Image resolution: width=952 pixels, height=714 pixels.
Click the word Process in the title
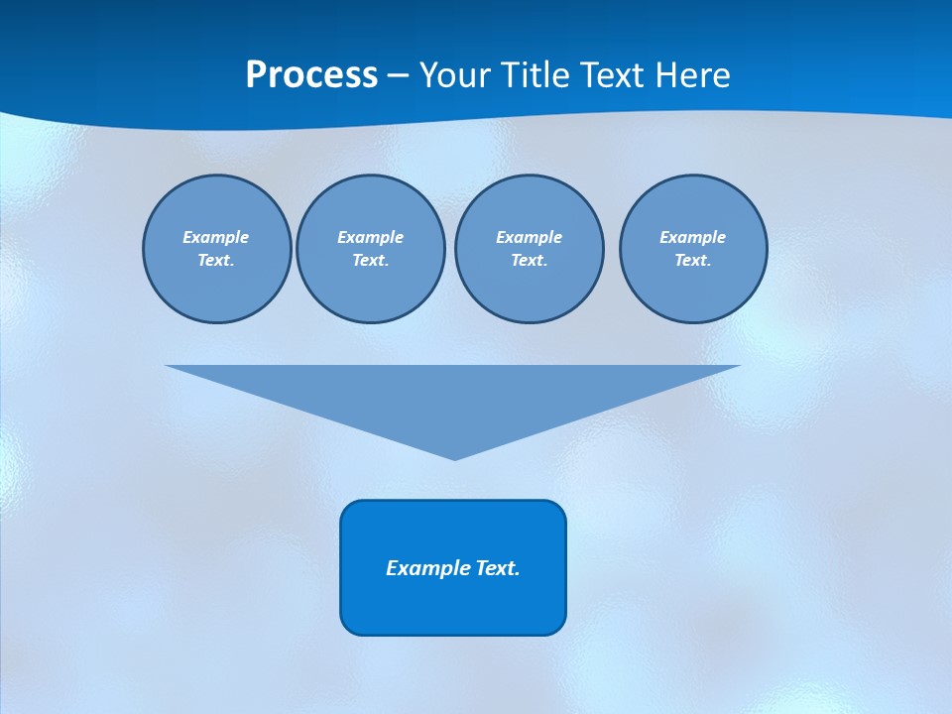point(311,75)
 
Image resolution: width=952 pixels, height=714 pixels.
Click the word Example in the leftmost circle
point(216,237)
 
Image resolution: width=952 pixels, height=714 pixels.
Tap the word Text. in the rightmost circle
point(692,261)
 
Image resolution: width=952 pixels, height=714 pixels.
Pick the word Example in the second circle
point(370,237)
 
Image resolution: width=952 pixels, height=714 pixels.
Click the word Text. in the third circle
point(529,261)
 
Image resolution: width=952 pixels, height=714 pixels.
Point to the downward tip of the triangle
point(454,457)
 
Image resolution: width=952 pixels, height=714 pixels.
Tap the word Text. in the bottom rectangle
point(498,568)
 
